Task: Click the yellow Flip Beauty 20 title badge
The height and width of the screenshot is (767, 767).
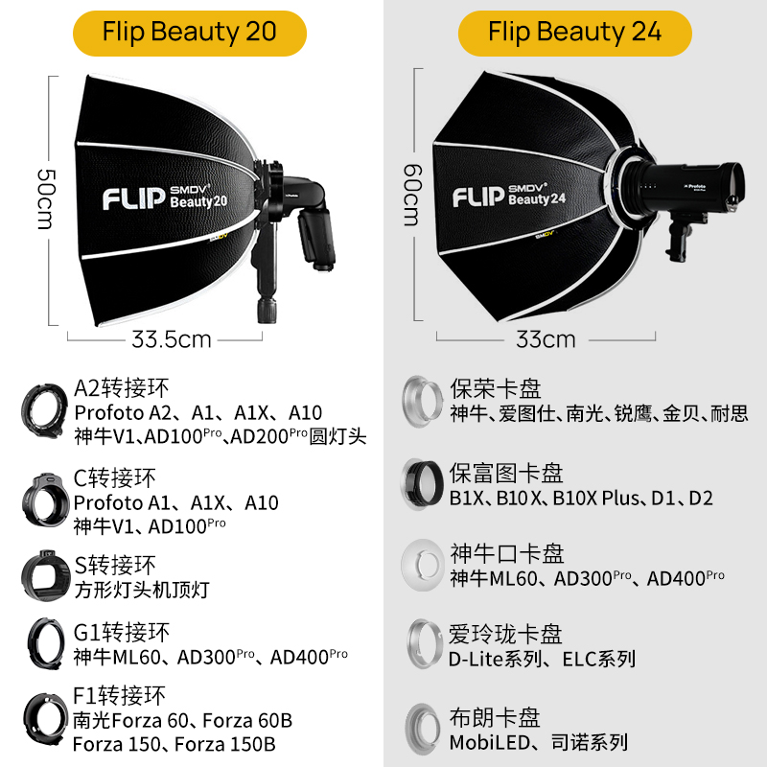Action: pos(190,33)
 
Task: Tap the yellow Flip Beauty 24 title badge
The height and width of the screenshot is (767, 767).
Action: pos(574,33)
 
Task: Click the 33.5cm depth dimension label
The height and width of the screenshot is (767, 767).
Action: pos(172,338)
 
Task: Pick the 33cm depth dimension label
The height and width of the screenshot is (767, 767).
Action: pos(546,338)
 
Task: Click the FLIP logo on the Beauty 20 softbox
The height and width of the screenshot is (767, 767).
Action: pos(133,198)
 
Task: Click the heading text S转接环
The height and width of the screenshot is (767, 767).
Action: pos(114,564)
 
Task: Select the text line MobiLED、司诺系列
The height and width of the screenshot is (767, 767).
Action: pos(538,741)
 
